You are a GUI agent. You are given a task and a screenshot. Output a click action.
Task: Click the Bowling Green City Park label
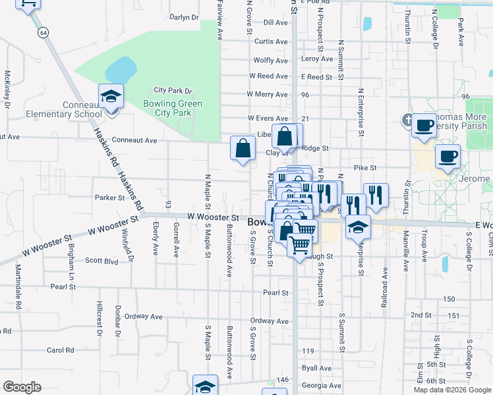tap(173, 108)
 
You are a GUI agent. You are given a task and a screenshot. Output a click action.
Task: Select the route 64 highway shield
tap(43, 32)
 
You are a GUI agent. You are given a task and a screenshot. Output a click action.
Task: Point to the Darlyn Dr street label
tap(184, 17)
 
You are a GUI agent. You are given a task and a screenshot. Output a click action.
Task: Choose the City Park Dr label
tap(173, 90)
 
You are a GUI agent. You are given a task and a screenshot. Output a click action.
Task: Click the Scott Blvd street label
tap(101, 260)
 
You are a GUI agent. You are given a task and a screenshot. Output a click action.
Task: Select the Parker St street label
tap(109, 197)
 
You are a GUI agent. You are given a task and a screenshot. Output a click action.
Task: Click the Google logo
tap(22, 387)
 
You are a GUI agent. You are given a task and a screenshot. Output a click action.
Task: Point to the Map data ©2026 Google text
tap(451, 390)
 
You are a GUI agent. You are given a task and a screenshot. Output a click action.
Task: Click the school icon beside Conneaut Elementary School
tap(111, 97)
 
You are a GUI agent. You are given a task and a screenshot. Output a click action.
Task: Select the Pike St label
tap(364, 168)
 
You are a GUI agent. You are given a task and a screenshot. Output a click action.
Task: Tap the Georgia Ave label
tap(322, 386)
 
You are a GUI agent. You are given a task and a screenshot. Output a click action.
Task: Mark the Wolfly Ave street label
tap(270, 60)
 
